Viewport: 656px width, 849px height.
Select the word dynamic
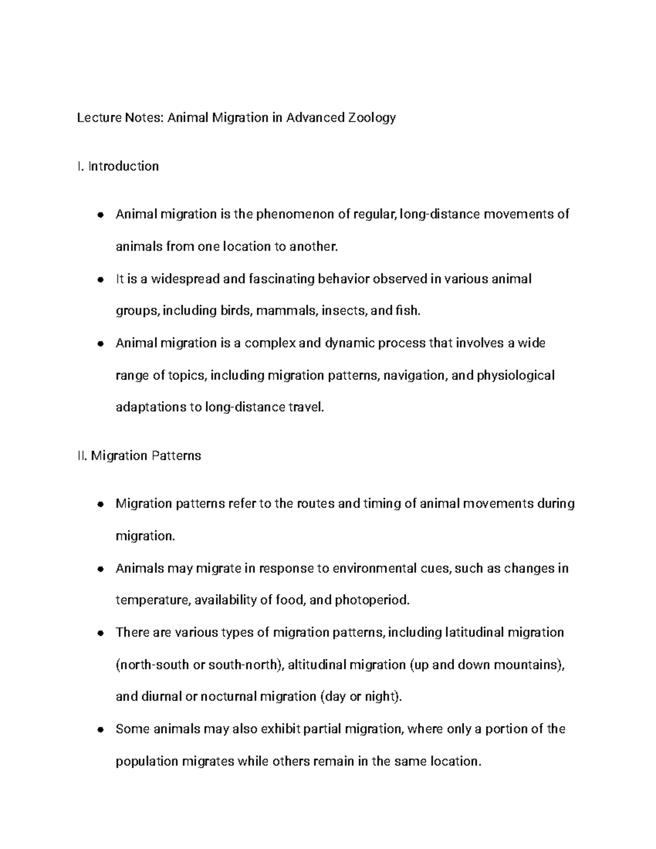tap(350, 343)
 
